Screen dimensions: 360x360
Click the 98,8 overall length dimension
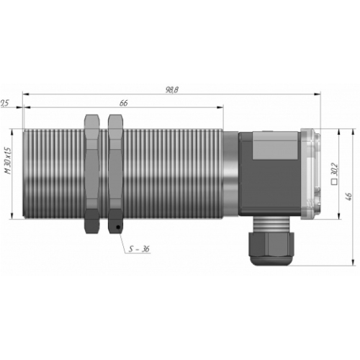(x=172, y=90)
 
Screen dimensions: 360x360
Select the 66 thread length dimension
(x=123, y=103)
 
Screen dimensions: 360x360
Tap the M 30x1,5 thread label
(x=8, y=161)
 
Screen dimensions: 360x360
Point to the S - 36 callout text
(x=139, y=249)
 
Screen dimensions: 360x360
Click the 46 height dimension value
(x=349, y=197)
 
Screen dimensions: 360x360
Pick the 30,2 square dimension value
(x=335, y=169)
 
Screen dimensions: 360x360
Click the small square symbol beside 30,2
(x=335, y=182)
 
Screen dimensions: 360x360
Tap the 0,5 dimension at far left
(x=4, y=103)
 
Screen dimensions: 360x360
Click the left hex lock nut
(x=91, y=174)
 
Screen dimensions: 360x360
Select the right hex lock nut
(x=115, y=174)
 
